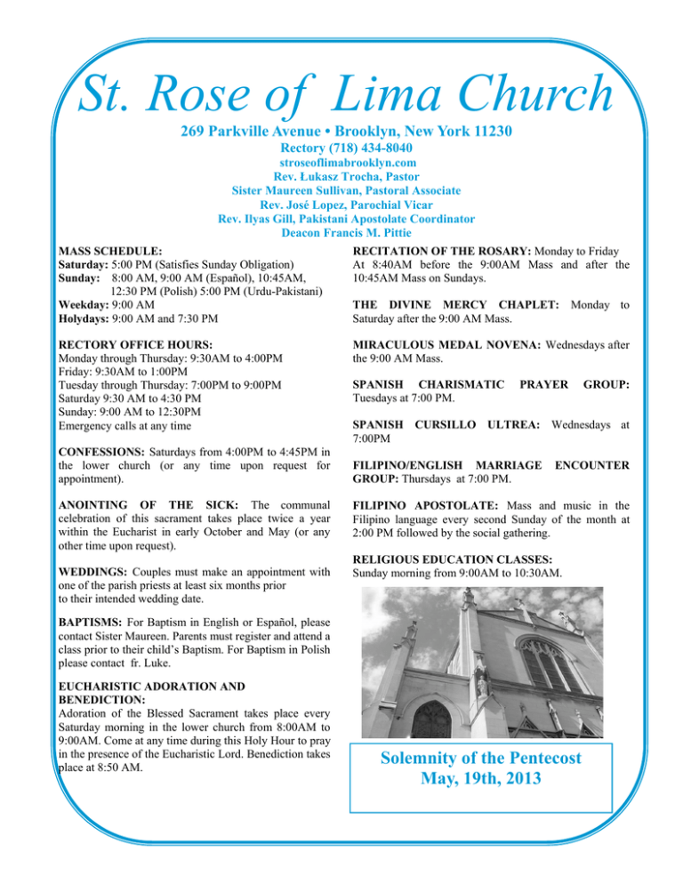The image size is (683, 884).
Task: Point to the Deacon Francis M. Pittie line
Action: (341, 233)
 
